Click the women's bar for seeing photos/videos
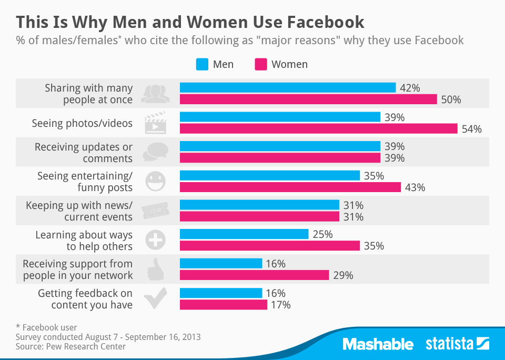pyautogui.click(x=319, y=129)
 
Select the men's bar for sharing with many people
pyautogui.click(x=288, y=88)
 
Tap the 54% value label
pyautogui.click(x=471, y=129)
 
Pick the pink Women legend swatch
pyautogui.click(x=261, y=64)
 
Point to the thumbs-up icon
pyautogui.click(x=155, y=269)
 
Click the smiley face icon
pyautogui.click(x=155, y=182)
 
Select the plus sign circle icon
pyautogui.click(x=155, y=240)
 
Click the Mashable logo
pyautogui.click(x=378, y=345)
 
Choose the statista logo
pyautogui.click(x=457, y=345)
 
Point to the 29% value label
pyautogui.click(x=342, y=275)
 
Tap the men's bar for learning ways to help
pyautogui.click(x=244, y=234)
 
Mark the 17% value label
pyautogui.click(x=280, y=305)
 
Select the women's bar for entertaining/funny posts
pyautogui.click(x=290, y=187)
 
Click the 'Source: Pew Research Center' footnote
pyautogui.click(x=71, y=346)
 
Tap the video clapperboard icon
pyautogui.click(x=155, y=123)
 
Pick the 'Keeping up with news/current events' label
pyautogui.click(x=79, y=211)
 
